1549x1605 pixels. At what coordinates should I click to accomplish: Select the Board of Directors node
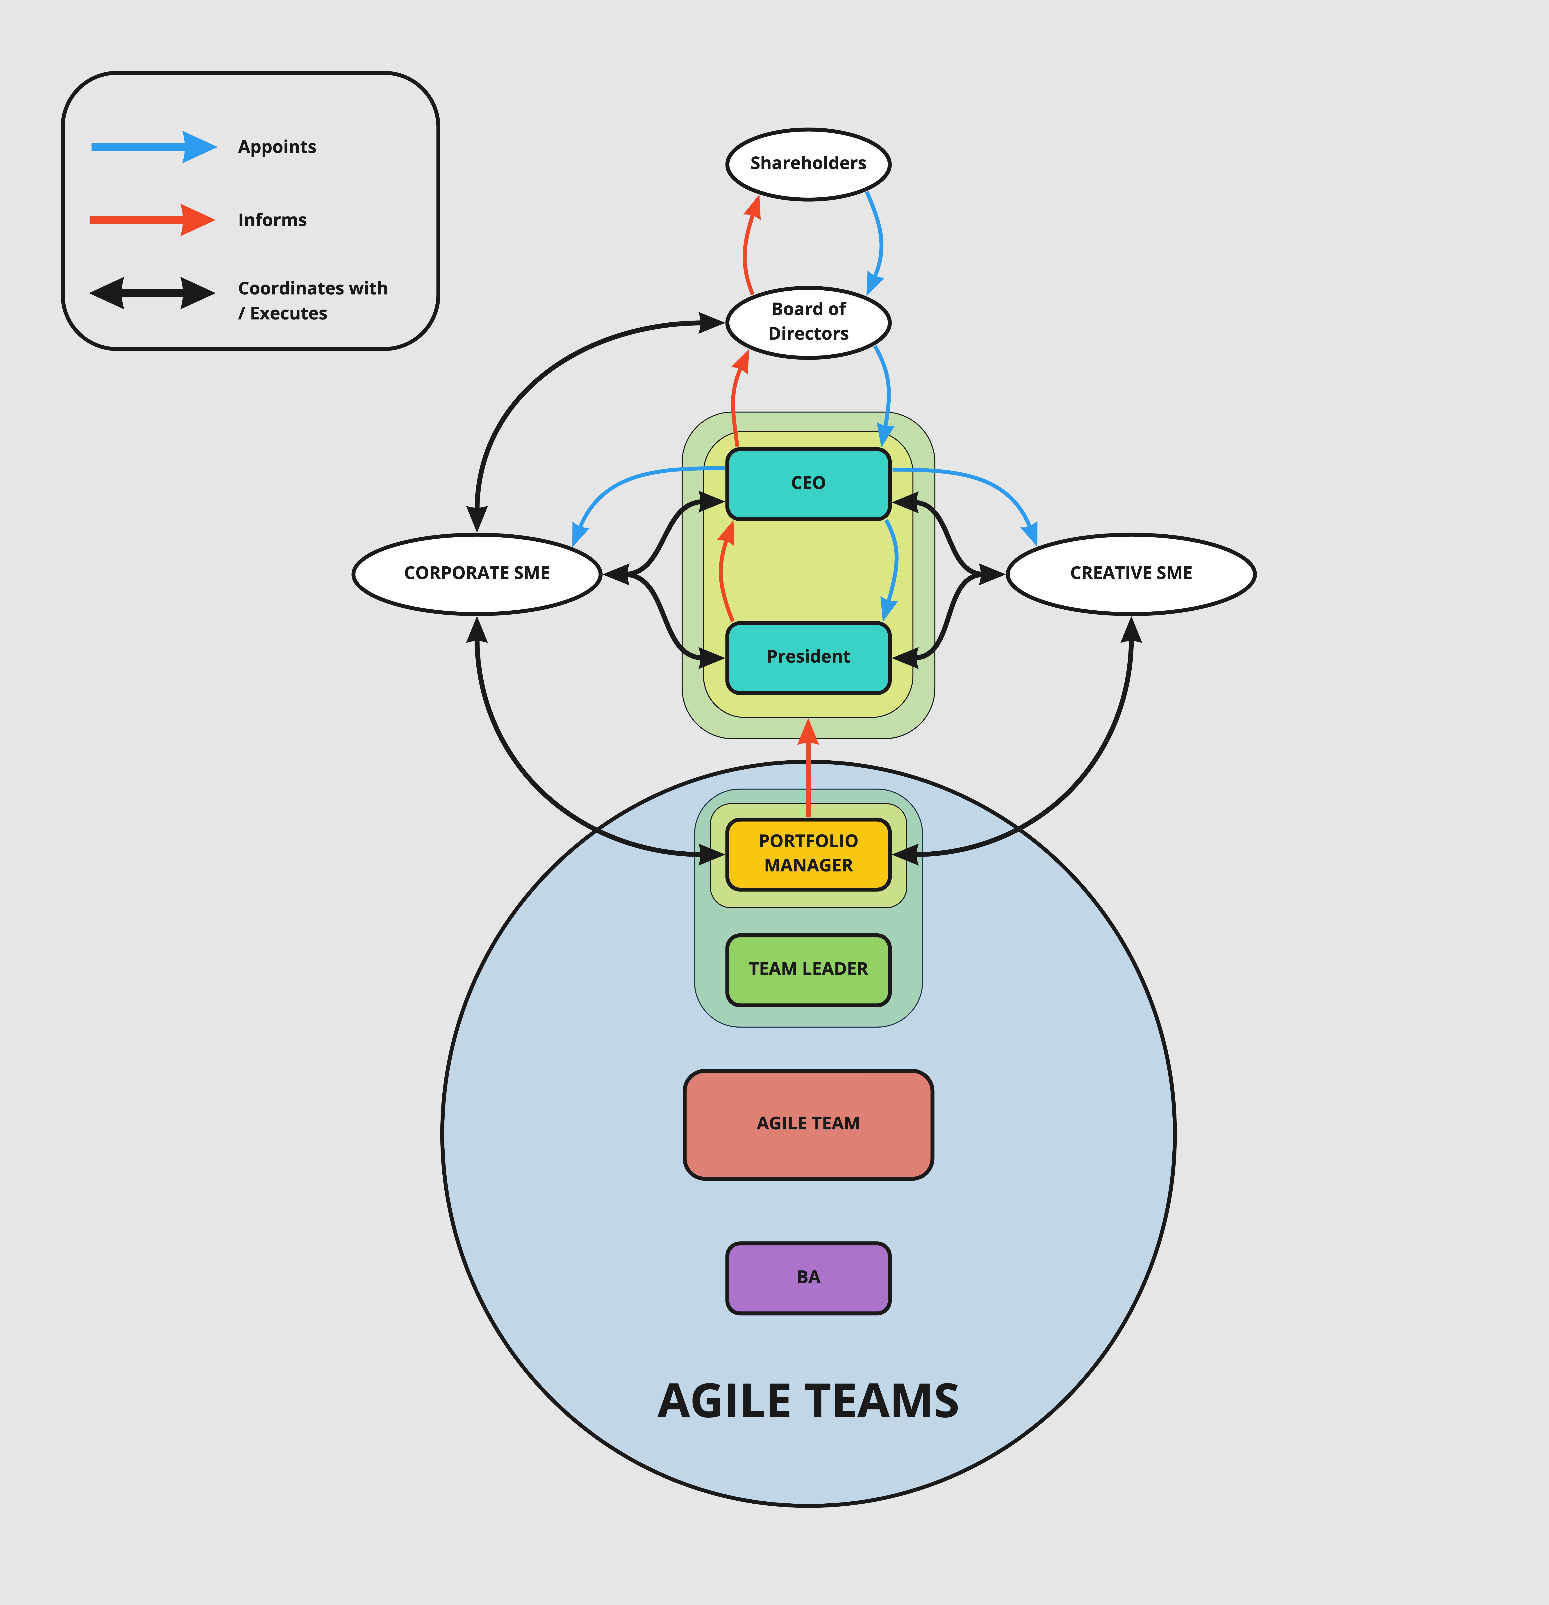coord(808,322)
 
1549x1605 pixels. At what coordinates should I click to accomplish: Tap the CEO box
coord(808,483)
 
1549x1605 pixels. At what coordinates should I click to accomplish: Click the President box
coord(808,657)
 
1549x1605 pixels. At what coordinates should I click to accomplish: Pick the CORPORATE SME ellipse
coord(476,573)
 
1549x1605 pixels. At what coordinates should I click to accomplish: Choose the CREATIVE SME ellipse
coord(1131,573)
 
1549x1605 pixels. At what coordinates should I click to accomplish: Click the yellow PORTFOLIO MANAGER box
coord(808,853)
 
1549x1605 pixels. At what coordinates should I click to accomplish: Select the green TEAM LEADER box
coord(808,969)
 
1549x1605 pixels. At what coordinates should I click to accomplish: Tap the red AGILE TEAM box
coord(808,1124)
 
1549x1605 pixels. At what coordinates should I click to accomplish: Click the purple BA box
coord(808,1277)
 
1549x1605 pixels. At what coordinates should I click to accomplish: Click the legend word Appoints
coord(277,147)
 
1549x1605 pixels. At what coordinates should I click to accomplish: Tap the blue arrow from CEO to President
coord(896,565)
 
